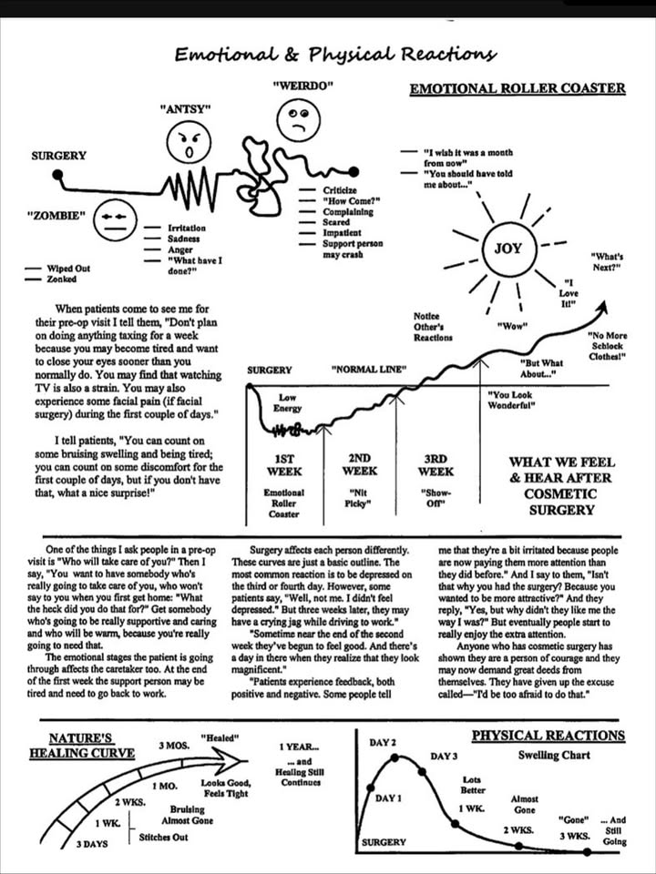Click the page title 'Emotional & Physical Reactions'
coord(336,56)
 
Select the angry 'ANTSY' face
coord(189,143)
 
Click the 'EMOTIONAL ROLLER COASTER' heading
coord(518,88)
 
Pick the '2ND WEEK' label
coord(360,464)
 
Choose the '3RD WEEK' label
coord(436,464)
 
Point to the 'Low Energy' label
coord(287,402)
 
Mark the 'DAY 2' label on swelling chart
coord(383,743)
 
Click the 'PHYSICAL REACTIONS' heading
coord(548,736)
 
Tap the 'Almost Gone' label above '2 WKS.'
coord(524,805)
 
